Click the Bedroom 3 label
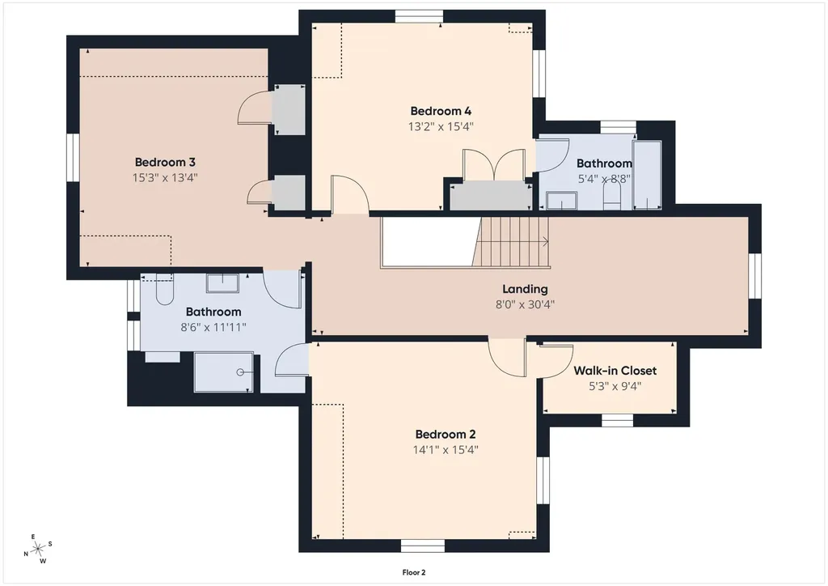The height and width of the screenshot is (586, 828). point(165,162)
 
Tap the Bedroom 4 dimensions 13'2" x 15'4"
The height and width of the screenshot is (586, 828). point(441,126)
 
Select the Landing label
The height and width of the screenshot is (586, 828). point(525,289)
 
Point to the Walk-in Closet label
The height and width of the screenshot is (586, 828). point(615,371)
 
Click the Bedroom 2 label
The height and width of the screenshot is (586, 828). point(446,435)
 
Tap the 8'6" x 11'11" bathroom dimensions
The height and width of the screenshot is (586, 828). point(213,327)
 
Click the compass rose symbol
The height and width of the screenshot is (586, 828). point(38,550)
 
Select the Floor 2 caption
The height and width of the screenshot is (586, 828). point(414,572)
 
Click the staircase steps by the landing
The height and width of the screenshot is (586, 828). point(511,242)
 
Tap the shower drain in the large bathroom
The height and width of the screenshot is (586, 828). point(240,372)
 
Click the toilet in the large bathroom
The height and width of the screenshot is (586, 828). point(164,289)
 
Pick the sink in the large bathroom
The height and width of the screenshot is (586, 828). point(222,282)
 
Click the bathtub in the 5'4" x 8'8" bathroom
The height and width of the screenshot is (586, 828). point(648,175)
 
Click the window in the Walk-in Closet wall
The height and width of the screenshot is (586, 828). point(618,420)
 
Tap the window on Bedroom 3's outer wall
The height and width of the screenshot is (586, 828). point(73,158)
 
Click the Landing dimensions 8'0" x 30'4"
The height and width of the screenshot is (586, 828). point(525,304)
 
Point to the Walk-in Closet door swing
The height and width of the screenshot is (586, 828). point(556,361)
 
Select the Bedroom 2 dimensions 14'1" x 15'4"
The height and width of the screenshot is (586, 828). point(446,450)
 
